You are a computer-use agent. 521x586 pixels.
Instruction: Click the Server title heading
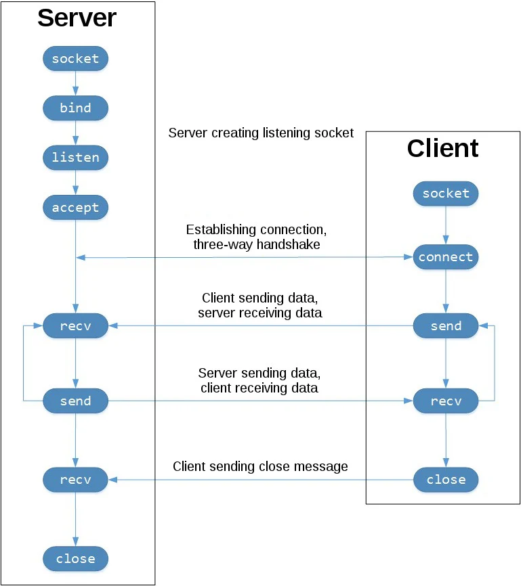click(x=77, y=18)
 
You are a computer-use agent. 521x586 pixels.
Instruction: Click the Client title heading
click(x=442, y=148)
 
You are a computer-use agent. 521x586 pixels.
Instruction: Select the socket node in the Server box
click(x=76, y=59)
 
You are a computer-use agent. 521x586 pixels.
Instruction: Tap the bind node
click(x=76, y=108)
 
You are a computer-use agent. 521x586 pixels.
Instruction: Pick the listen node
click(x=76, y=158)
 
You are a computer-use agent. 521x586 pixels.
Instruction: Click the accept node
click(x=76, y=208)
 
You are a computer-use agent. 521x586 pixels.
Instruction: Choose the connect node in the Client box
click(x=446, y=257)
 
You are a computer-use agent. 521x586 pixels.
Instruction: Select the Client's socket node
click(x=446, y=194)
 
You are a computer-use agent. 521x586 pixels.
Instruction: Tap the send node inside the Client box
click(x=446, y=326)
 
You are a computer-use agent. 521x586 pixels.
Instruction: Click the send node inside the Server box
click(x=76, y=401)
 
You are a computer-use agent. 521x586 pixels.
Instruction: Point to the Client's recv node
click(x=446, y=401)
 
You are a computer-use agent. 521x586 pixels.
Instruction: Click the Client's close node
click(x=446, y=480)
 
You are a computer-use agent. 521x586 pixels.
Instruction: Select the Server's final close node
click(x=76, y=559)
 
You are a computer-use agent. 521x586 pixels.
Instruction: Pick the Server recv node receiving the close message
click(x=76, y=480)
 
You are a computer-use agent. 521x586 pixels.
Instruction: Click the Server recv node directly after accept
click(x=76, y=326)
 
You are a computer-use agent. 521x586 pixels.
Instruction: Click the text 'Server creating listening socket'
click(x=261, y=133)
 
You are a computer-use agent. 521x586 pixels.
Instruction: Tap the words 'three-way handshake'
click(x=257, y=245)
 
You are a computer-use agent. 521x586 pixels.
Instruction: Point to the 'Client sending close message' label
click(x=260, y=466)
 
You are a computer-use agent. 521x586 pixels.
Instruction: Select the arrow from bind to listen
click(x=76, y=133)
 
